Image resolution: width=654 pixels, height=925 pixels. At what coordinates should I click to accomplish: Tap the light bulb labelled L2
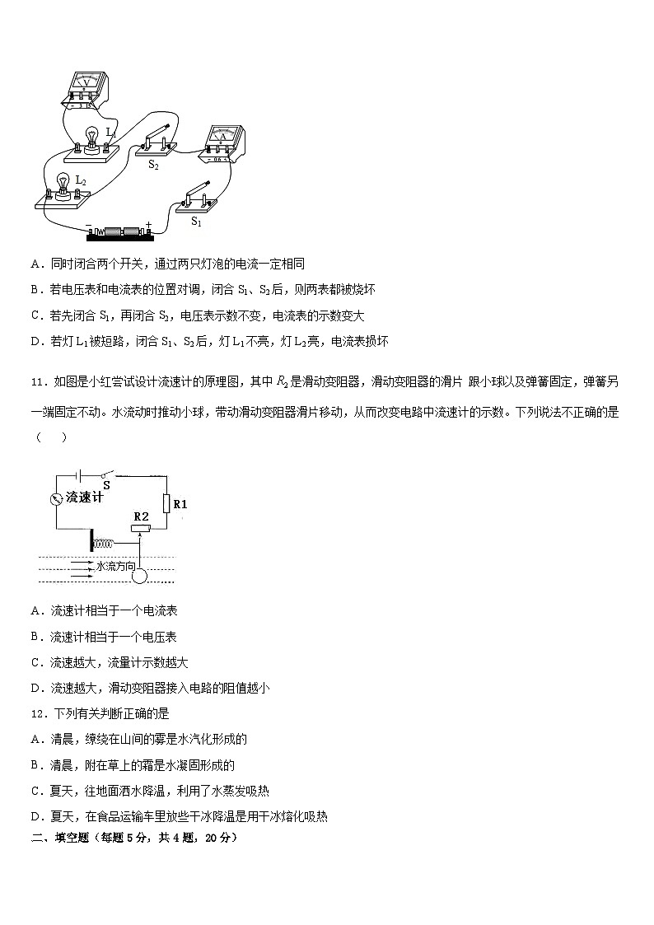pos(61,184)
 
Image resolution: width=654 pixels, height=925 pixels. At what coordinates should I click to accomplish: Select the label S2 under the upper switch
pos(153,165)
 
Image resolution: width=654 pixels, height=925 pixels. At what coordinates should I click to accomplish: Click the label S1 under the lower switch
pos(197,221)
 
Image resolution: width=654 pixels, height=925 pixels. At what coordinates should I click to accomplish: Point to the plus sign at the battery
pos(148,224)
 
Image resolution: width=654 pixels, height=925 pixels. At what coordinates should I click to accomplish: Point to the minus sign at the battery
pos(88,225)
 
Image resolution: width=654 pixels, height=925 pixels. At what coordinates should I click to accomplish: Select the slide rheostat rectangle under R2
pos(141,528)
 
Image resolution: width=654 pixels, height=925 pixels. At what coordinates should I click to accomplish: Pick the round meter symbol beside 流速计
pos(56,498)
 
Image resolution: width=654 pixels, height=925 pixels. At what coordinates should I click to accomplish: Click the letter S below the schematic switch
pos(107,485)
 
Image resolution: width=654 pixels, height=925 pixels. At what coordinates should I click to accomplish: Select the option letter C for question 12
pos(35,790)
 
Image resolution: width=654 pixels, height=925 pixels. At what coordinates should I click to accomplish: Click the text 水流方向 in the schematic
pos(114,566)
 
